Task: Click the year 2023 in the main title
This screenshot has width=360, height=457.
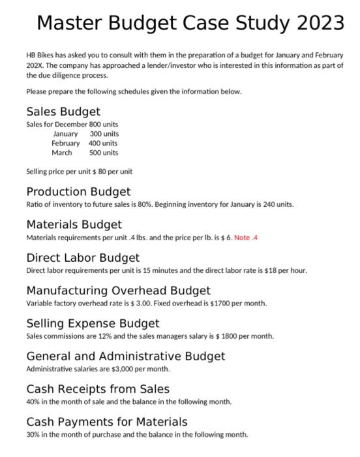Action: pyautogui.click(x=318, y=24)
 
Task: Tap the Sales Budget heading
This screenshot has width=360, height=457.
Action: pyautogui.click(x=63, y=112)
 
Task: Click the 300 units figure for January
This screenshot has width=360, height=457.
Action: pyautogui.click(x=104, y=134)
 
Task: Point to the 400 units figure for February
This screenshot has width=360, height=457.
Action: pyautogui.click(x=104, y=143)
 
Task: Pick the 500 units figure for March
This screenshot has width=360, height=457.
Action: pyautogui.click(x=104, y=153)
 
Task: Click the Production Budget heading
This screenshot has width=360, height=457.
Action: pyautogui.click(x=78, y=191)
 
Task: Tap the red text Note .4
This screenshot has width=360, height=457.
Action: pyautogui.click(x=246, y=237)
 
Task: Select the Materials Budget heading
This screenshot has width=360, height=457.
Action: pyautogui.click(x=74, y=225)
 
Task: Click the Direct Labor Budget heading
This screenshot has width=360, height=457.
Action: pyautogui.click(x=83, y=258)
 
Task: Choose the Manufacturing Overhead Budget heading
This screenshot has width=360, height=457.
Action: pyautogui.click(x=118, y=291)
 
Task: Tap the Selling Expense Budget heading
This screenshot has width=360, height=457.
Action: pyautogui.click(x=93, y=323)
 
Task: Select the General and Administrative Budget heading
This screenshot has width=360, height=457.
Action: pyautogui.click(x=125, y=356)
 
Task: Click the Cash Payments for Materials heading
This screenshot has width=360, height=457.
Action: pyautogui.click(x=106, y=422)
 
